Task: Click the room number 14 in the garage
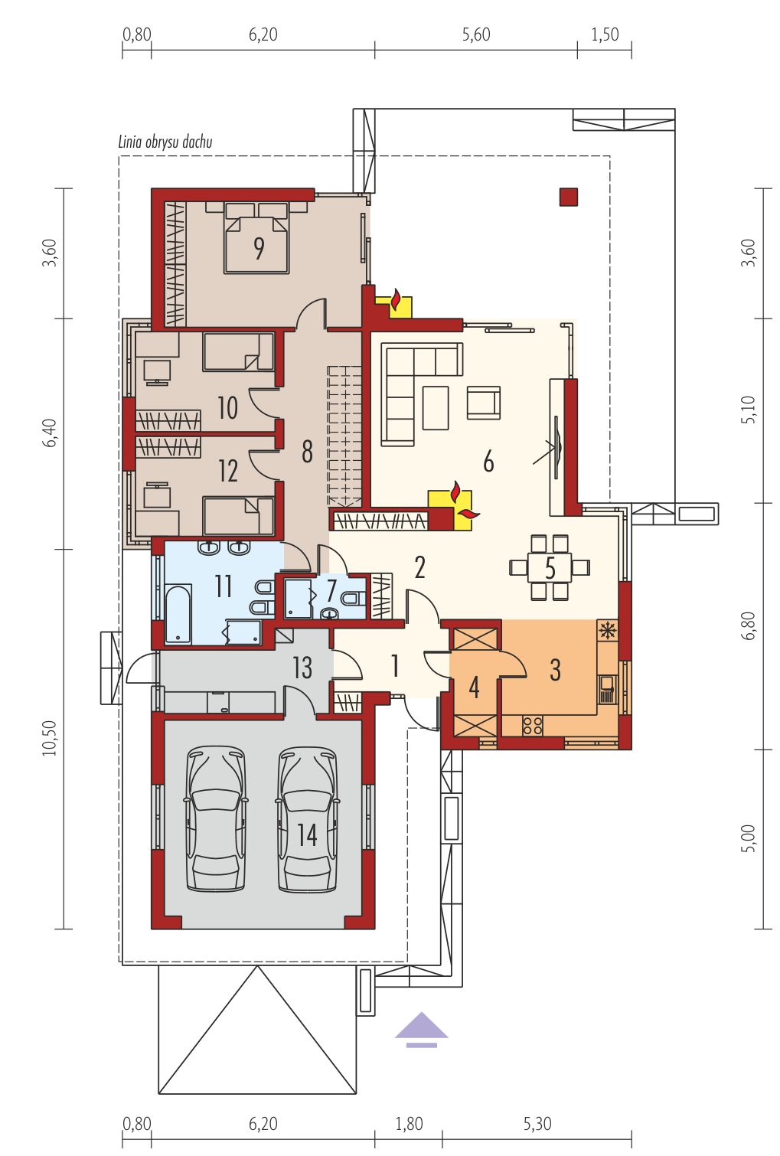pyautogui.click(x=307, y=835)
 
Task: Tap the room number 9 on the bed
pyautogui.click(x=259, y=248)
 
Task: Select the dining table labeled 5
pyautogui.click(x=550, y=568)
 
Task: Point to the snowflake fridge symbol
pyautogui.click(x=607, y=631)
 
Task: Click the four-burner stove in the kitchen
pyautogui.click(x=533, y=725)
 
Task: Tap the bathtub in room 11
pyautogui.click(x=178, y=614)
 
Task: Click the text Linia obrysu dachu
pyautogui.click(x=165, y=142)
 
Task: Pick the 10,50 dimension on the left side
pyautogui.click(x=50, y=738)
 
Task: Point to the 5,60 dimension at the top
pyautogui.click(x=475, y=35)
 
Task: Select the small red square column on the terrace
pyautogui.click(x=569, y=197)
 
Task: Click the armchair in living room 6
pyautogui.click(x=483, y=403)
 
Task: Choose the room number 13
pyautogui.click(x=302, y=668)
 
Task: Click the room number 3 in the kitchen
pyautogui.click(x=554, y=670)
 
